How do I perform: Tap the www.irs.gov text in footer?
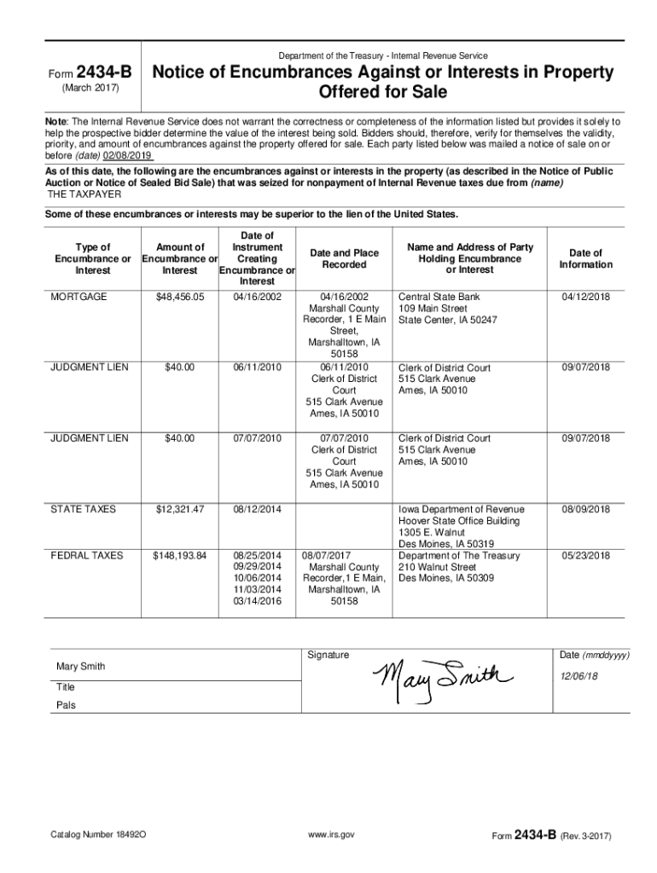click(x=333, y=834)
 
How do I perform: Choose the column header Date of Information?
click(x=585, y=258)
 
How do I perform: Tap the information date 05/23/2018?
click(x=585, y=556)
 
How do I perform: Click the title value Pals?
click(x=66, y=706)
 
